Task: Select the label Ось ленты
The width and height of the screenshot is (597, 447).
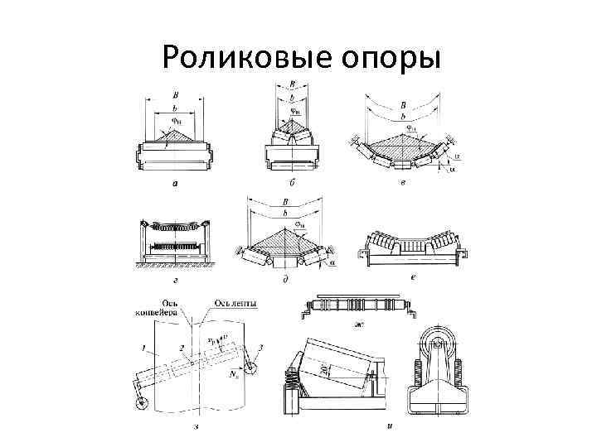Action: (235, 304)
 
